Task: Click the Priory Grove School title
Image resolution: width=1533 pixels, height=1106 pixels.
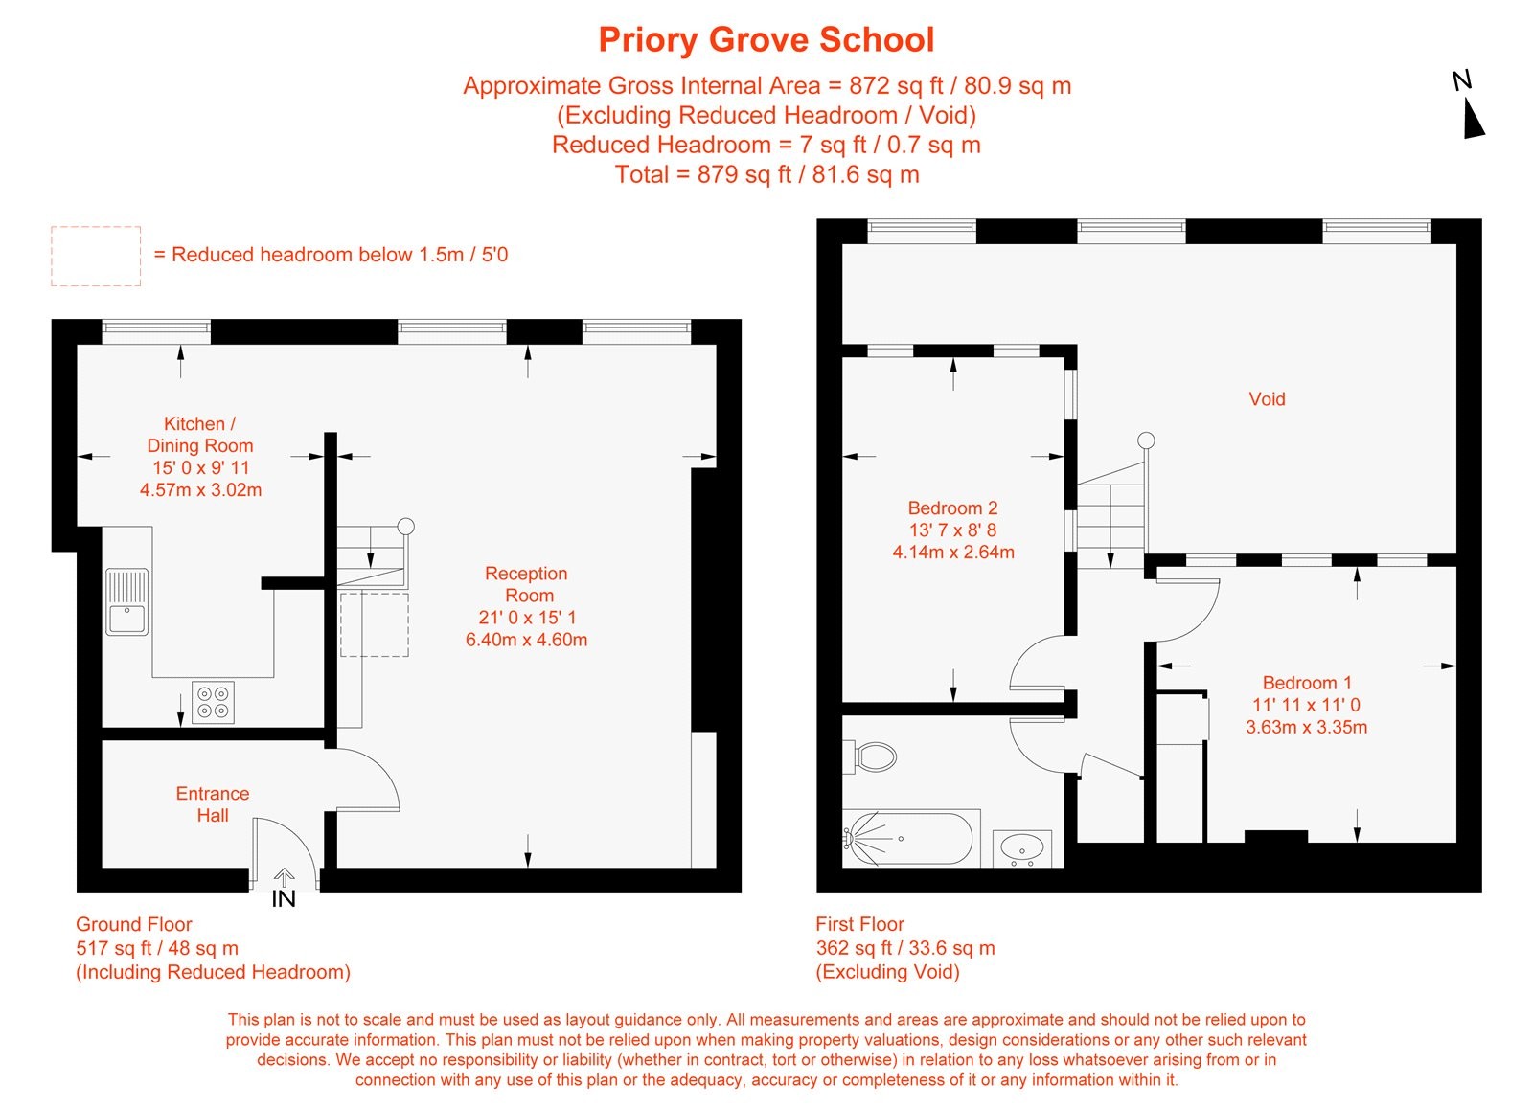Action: click(x=766, y=40)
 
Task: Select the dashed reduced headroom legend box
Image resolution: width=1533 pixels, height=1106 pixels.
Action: click(x=96, y=256)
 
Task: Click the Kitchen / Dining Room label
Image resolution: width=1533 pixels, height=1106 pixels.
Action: click(x=199, y=435)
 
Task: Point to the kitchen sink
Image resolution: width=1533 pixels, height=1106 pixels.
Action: click(x=126, y=601)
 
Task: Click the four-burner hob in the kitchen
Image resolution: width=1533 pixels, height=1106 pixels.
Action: click(x=213, y=702)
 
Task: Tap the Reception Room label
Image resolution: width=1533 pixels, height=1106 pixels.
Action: click(x=526, y=584)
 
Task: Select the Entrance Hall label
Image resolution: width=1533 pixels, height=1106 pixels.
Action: click(x=212, y=804)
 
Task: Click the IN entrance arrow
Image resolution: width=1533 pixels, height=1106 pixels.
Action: click(x=284, y=890)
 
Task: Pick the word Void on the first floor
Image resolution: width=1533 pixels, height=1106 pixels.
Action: click(x=1267, y=399)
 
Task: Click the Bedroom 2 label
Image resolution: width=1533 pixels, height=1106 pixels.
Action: click(x=952, y=508)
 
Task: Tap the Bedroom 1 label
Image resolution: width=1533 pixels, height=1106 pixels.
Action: click(x=1306, y=683)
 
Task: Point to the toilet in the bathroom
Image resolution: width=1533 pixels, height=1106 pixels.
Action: click(x=871, y=756)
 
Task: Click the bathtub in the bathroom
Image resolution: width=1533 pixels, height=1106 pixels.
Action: click(x=908, y=838)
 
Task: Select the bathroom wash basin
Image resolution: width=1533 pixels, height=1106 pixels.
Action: click(x=1022, y=847)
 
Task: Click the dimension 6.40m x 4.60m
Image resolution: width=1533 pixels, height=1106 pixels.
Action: click(x=526, y=640)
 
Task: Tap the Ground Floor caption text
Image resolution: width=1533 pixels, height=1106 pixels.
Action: click(x=134, y=924)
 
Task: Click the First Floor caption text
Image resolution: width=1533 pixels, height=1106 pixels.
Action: click(x=859, y=924)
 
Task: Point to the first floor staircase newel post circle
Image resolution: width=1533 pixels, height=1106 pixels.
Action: click(x=1146, y=440)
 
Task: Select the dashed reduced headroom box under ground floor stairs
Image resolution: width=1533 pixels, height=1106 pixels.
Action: click(x=375, y=624)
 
